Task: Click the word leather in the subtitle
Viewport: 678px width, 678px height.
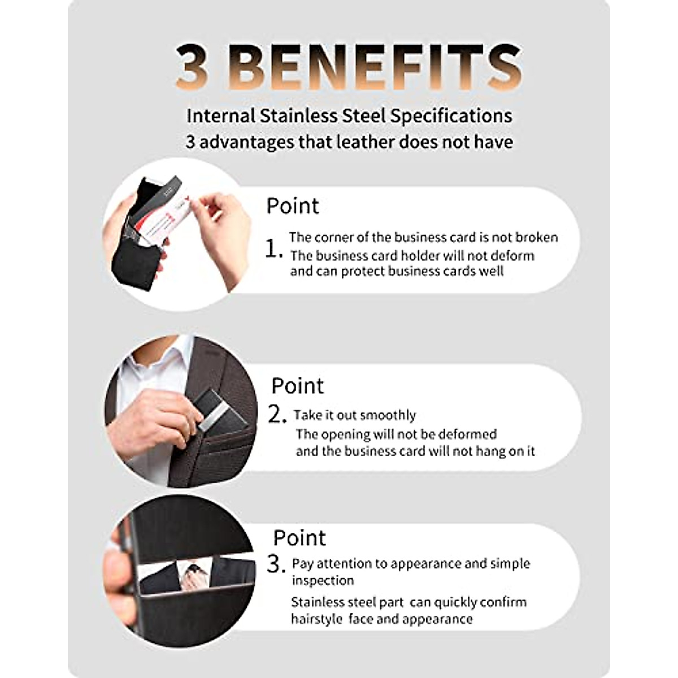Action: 366,142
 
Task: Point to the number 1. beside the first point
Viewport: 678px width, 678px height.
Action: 274,249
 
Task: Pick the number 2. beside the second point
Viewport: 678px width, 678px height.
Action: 279,415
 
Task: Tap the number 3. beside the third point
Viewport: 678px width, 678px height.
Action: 277,564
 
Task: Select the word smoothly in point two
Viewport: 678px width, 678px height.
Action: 388,415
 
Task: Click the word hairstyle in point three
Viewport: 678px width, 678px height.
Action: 316,619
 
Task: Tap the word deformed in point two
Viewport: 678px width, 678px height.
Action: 467,434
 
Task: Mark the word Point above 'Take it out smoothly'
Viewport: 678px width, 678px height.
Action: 297,386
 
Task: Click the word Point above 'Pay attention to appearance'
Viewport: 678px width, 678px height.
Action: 299,538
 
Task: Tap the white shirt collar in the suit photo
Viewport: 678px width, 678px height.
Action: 153,367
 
